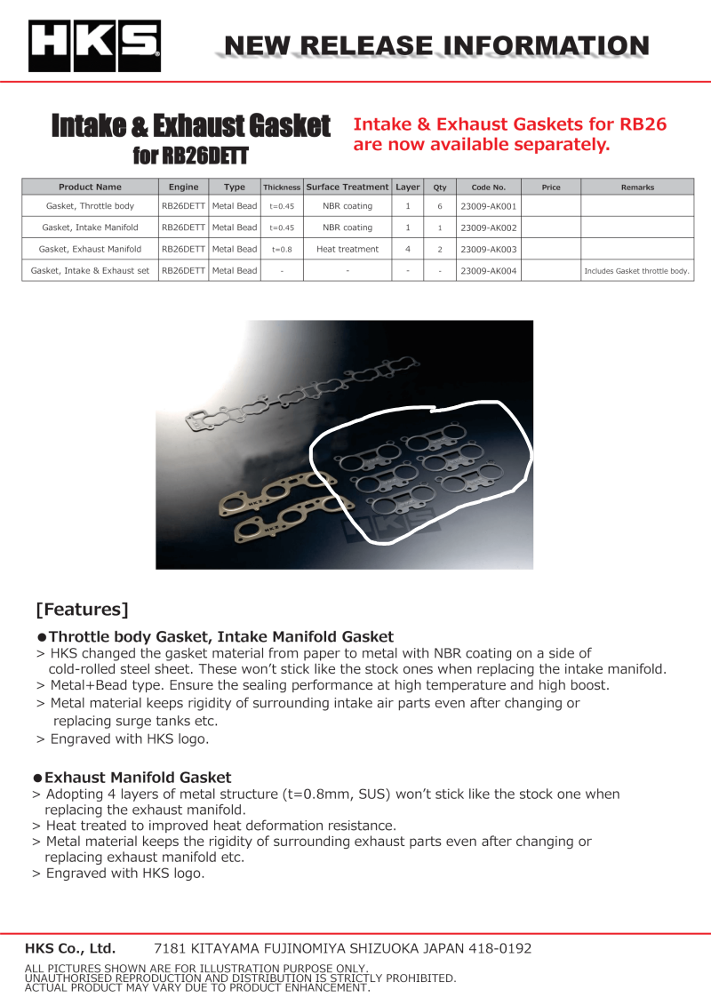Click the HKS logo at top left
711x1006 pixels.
point(94,46)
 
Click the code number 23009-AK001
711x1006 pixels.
point(488,206)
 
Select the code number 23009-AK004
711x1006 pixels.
point(488,271)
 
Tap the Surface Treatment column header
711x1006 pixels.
point(348,188)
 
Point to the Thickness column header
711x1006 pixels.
point(282,188)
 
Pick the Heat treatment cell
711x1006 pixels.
point(348,250)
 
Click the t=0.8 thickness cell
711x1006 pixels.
point(282,250)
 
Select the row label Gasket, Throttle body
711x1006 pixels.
point(90,206)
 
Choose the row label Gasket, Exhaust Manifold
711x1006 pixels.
point(90,250)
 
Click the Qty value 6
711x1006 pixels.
point(439,206)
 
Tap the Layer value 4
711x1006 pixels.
point(407,250)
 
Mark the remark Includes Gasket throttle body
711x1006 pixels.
point(637,271)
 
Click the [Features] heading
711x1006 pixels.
point(82,610)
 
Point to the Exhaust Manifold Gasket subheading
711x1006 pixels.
point(138,778)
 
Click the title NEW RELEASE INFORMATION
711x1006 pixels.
point(435,45)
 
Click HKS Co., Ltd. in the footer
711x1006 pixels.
point(70,948)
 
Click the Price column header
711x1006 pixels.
point(551,188)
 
